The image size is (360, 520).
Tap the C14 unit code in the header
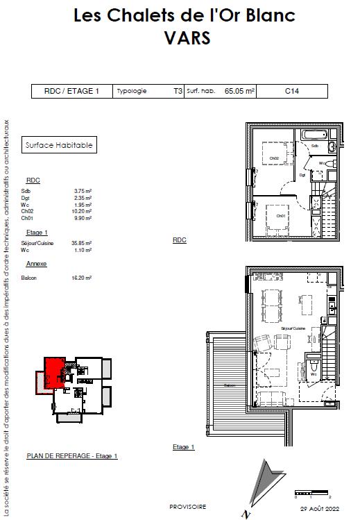(291, 91)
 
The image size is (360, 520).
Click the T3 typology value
(178, 91)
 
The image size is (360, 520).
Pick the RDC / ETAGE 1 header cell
(71, 91)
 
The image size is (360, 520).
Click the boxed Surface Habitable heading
(58, 145)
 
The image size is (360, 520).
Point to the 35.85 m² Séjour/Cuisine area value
(83, 243)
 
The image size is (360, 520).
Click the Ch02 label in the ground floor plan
(274, 158)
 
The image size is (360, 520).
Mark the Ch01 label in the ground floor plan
(281, 216)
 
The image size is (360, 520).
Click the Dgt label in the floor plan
(302, 176)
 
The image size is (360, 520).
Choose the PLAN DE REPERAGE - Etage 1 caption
(72, 456)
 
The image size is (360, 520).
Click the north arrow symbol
(260, 486)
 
